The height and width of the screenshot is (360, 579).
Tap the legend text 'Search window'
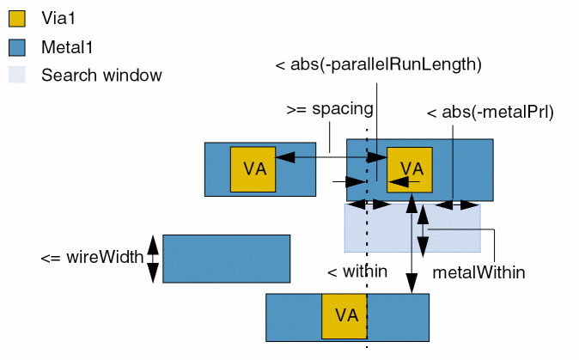pyautogui.click(x=101, y=75)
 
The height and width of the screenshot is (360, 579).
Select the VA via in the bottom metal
pyautogui.click(x=344, y=315)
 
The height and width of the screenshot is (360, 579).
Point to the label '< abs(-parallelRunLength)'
pyautogui.click(x=377, y=64)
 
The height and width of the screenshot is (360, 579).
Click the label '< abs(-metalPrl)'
pyautogui.click(x=490, y=112)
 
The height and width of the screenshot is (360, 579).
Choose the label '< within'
pyautogui.click(x=357, y=272)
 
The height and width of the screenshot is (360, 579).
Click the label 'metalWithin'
pyautogui.click(x=478, y=272)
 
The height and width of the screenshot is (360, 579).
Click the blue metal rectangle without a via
pyautogui.click(x=226, y=258)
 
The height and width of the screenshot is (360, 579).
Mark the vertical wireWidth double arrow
pyautogui.click(x=153, y=258)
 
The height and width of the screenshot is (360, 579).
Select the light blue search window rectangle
pyautogui.click(x=455, y=232)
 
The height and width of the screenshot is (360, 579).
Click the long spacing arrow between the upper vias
pyautogui.click(x=331, y=157)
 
